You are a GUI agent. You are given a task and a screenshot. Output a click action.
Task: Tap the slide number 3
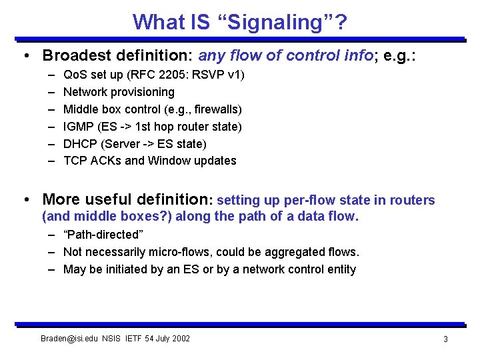[x=445, y=339]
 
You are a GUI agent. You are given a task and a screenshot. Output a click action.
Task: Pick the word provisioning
[x=143, y=92]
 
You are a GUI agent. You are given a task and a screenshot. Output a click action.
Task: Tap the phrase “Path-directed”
[x=103, y=235]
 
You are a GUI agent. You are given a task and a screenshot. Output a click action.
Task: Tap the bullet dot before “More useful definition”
[x=26, y=199]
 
